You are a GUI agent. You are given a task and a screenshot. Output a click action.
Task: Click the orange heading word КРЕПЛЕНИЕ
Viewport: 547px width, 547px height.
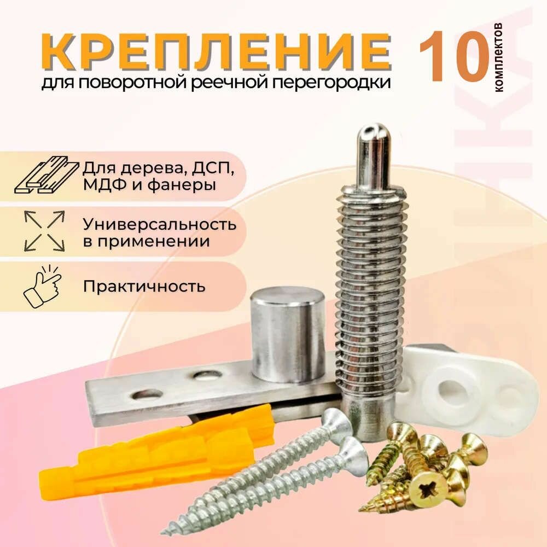pyautogui.click(x=216, y=51)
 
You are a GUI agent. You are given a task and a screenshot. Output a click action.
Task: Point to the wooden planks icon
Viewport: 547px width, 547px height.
pyautogui.click(x=46, y=175)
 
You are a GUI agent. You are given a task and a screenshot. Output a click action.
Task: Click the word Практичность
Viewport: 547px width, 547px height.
pyautogui.click(x=144, y=287)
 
